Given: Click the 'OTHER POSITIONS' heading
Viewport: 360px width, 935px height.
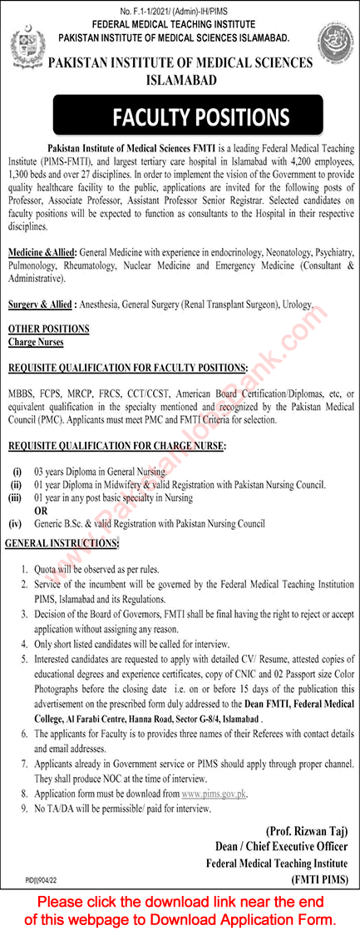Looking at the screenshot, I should click(47, 329).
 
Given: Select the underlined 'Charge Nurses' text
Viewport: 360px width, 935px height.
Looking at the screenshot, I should click(36, 342).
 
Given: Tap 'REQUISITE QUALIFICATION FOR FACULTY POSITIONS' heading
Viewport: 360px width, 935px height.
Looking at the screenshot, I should click(127, 367).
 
